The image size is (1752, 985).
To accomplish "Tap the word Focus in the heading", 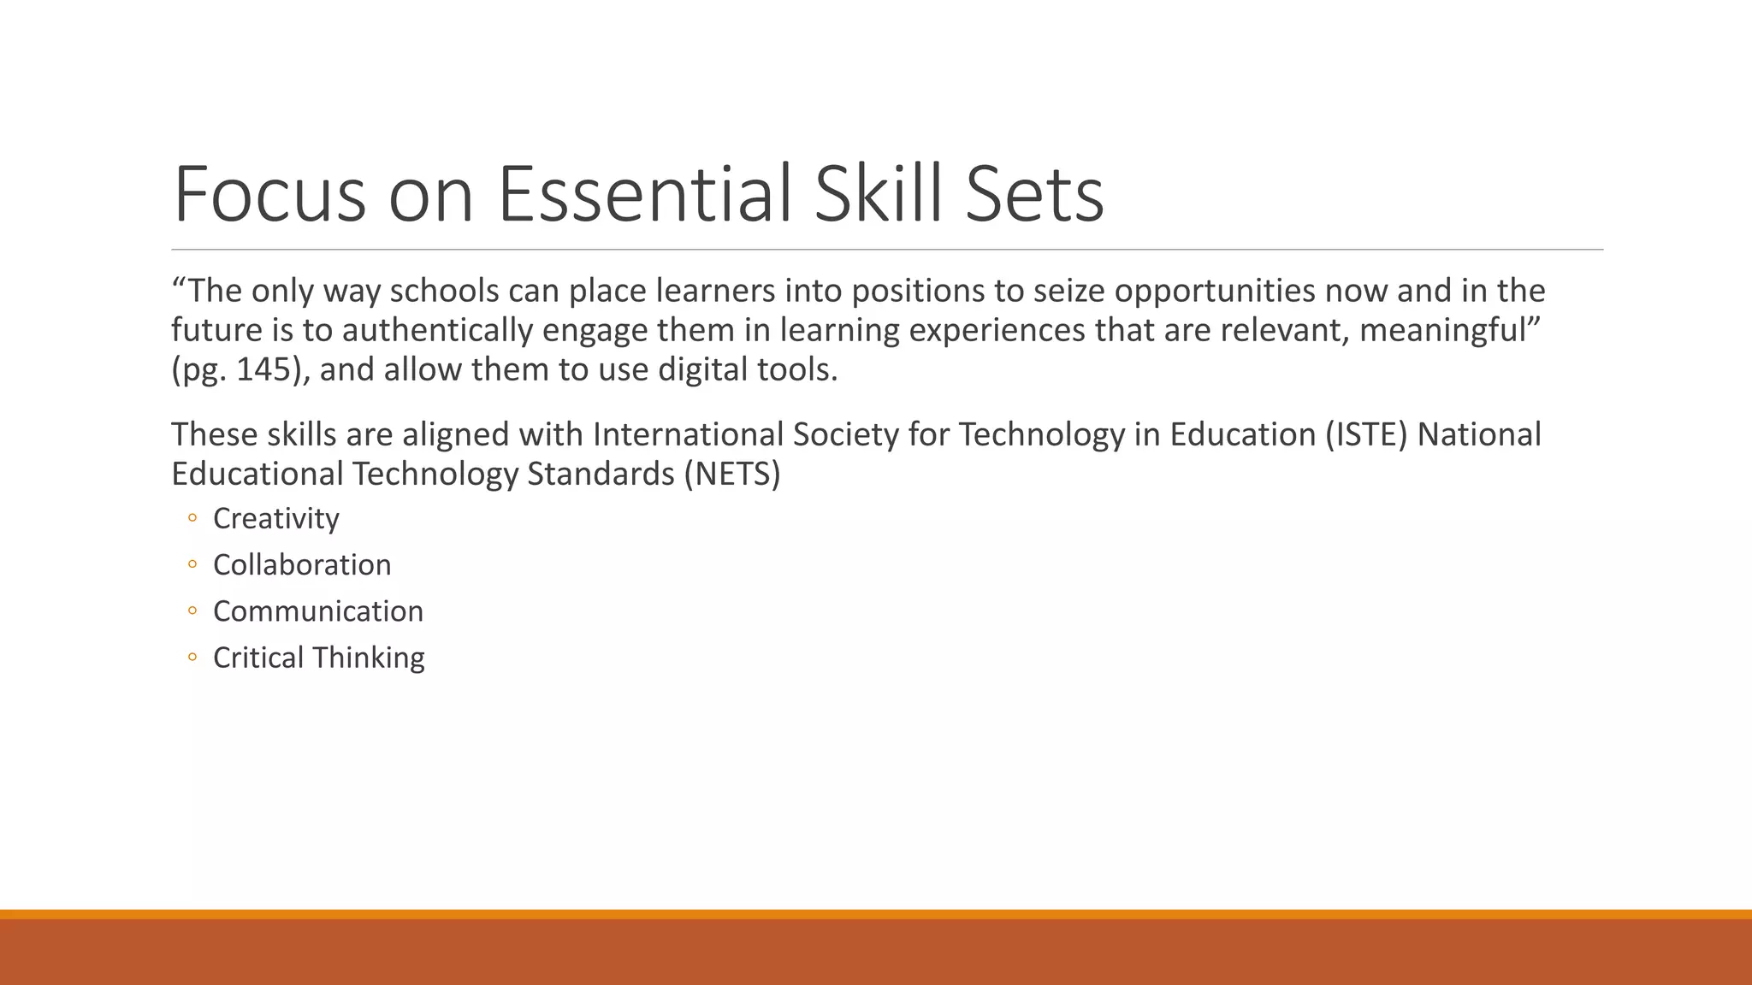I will coord(270,195).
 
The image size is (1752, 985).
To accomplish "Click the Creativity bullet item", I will coord(275,519).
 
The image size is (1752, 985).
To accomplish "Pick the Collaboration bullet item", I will coord(302,565).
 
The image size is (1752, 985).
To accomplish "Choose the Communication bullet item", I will coord(318,611).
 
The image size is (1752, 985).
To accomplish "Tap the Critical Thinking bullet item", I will coord(318,658).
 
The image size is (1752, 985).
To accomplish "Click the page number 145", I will coord(265,370).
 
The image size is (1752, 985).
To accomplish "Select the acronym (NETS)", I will coord(732,475).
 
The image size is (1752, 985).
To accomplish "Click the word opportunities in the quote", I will coord(1214,292).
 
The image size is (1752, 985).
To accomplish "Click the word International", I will coord(687,435).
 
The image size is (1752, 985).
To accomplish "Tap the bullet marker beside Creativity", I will coord(192,518).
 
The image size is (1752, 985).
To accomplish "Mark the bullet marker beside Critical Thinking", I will coord(192,658).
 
